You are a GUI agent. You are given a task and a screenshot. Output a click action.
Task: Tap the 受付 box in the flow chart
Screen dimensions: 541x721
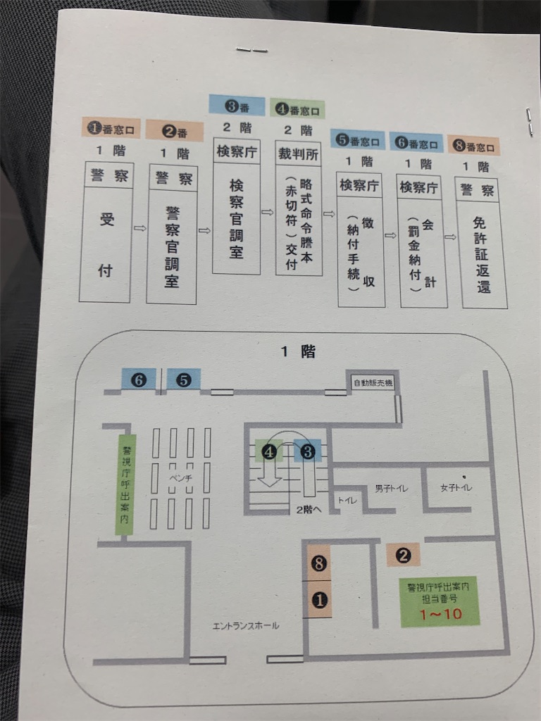pyautogui.click(x=106, y=244)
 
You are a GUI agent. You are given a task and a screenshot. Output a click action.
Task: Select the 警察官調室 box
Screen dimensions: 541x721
pyautogui.click(x=172, y=246)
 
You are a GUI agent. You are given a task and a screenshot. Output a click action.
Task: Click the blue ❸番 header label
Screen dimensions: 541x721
pyautogui.click(x=237, y=106)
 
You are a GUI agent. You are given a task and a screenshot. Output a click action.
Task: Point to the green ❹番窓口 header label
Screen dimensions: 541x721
pyautogui.click(x=297, y=109)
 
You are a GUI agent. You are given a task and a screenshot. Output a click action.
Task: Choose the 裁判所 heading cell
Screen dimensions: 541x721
pyautogui.click(x=298, y=153)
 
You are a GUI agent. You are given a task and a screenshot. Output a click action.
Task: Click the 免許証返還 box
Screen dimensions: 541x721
pyautogui.click(x=483, y=254)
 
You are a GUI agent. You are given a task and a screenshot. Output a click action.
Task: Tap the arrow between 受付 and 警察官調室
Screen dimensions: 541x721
pyautogui.click(x=140, y=228)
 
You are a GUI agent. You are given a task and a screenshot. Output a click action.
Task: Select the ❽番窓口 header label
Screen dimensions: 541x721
pyautogui.click(x=473, y=146)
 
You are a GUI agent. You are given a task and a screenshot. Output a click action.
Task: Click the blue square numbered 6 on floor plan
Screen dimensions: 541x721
pyautogui.click(x=139, y=380)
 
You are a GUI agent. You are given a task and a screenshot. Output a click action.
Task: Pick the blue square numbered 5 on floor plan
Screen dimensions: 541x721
pyautogui.click(x=184, y=380)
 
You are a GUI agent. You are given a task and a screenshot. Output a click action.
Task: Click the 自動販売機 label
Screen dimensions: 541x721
pyautogui.click(x=373, y=382)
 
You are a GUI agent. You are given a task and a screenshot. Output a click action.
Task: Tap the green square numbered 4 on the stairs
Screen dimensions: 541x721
pyautogui.click(x=268, y=451)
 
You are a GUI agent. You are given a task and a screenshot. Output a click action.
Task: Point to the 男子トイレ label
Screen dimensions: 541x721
pyautogui.click(x=391, y=489)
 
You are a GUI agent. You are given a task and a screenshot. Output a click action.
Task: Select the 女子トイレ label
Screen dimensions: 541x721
pyautogui.click(x=456, y=487)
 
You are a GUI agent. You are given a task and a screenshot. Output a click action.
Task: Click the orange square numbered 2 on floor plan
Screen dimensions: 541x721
pyautogui.click(x=403, y=555)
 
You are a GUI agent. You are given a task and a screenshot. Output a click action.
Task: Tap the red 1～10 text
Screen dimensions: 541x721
pyautogui.click(x=441, y=614)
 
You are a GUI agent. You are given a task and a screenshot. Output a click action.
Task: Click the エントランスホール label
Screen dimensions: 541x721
pyautogui.click(x=246, y=626)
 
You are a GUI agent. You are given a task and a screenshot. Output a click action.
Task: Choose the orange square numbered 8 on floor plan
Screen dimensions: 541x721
pyautogui.click(x=319, y=563)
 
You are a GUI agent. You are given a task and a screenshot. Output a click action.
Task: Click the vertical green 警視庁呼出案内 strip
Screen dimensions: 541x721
pyautogui.click(x=125, y=484)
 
